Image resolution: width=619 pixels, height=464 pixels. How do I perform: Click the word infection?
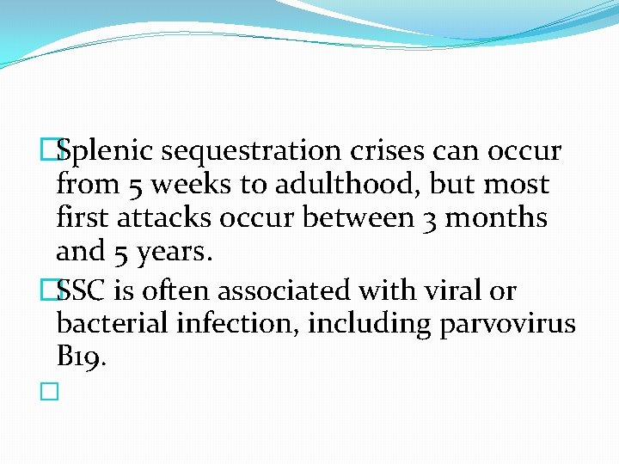click(x=232, y=325)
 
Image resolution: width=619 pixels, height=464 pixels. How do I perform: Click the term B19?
click(x=81, y=357)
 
